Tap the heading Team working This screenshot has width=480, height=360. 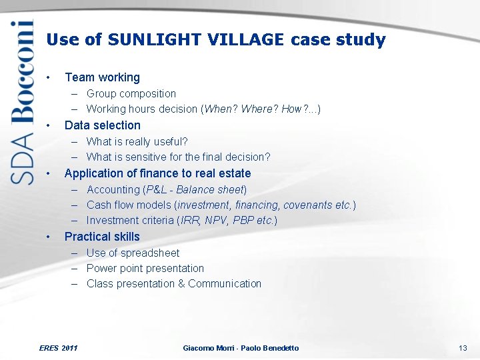[102, 77]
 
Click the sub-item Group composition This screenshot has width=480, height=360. [131, 94]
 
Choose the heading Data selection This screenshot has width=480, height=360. [102, 125]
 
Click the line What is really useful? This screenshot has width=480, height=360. [137, 141]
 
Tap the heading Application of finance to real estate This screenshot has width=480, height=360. [157, 173]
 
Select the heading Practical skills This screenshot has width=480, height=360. [102, 237]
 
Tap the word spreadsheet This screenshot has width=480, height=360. [150, 253]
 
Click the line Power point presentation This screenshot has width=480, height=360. [145, 269]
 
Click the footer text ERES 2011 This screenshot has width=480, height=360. [59, 348]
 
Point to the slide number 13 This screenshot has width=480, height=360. [463, 348]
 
